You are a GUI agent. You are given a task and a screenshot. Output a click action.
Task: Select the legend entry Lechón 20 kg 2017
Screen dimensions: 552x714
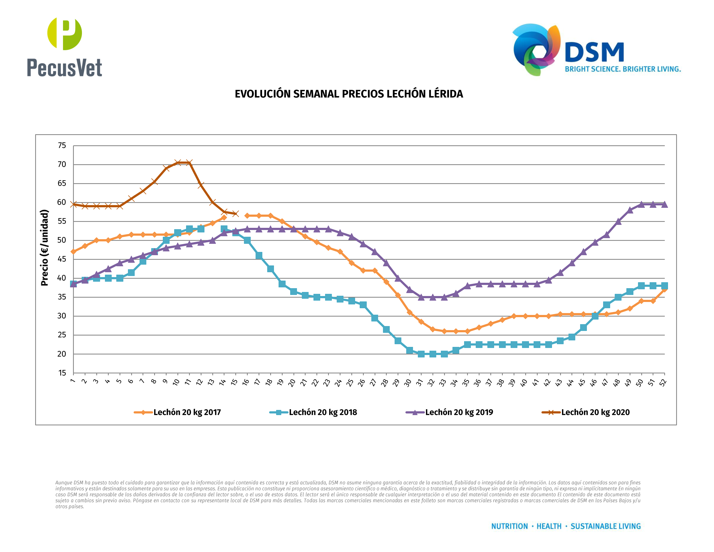[x=187, y=412]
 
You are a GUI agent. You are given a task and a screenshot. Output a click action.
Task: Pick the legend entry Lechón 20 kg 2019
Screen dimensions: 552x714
[x=459, y=412]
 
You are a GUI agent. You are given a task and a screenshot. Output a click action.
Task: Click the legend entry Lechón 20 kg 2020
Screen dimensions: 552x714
[x=595, y=412]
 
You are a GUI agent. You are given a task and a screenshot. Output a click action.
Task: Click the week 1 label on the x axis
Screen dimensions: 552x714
[x=72, y=381]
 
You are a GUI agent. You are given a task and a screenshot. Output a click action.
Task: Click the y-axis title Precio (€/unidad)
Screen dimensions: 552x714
[x=44, y=248]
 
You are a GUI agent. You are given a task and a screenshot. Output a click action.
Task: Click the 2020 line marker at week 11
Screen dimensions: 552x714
[x=189, y=163]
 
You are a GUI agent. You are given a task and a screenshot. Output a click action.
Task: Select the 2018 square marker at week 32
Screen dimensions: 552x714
[x=432, y=354]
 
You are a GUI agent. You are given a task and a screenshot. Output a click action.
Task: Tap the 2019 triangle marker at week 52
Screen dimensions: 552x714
[x=664, y=204]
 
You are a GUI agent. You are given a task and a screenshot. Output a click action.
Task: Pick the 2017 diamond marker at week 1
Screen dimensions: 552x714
[x=73, y=251]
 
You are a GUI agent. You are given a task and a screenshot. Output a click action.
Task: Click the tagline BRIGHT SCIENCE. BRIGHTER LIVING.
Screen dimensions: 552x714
[x=623, y=69]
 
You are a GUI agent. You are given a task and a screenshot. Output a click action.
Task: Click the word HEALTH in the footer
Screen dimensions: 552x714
[x=549, y=526]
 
